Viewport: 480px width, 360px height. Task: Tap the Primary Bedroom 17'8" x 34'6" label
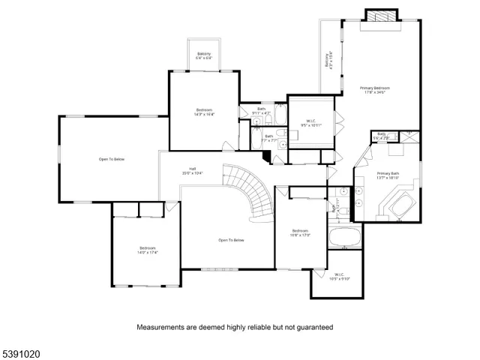pyautogui.click(x=377, y=91)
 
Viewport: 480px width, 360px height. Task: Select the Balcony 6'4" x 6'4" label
pyautogui.click(x=204, y=55)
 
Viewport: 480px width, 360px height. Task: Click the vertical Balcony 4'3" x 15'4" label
pyautogui.click(x=328, y=60)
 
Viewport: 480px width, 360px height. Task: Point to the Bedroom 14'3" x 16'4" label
pyautogui.click(x=204, y=112)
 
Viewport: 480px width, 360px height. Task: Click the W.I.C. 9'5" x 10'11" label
pyautogui.click(x=311, y=123)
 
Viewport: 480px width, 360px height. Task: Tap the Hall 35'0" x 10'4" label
pyautogui.click(x=193, y=172)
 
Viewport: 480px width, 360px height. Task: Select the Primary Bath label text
pyautogui.click(x=388, y=174)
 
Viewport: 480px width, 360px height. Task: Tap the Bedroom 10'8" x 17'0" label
pyautogui.click(x=300, y=232)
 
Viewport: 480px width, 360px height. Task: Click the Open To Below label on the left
pyautogui.click(x=111, y=159)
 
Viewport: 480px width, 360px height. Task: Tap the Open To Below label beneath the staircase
pyautogui.click(x=231, y=240)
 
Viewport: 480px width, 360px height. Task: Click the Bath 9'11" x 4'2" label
pyautogui.click(x=262, y=111)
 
